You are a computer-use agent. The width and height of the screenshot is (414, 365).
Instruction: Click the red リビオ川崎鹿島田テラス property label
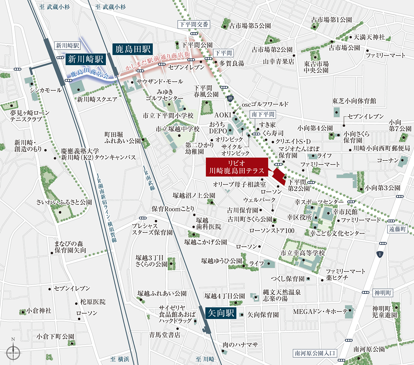[237, 167]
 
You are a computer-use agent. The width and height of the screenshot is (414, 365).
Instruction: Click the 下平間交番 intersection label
[194, 24]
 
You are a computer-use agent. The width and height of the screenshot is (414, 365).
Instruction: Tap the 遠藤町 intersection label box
[397, 229]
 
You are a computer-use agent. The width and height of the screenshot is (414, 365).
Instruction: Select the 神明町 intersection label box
[383, 293]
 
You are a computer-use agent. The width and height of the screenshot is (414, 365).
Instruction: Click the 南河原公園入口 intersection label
[315, 353]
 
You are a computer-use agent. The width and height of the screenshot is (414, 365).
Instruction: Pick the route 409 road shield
[231, 99]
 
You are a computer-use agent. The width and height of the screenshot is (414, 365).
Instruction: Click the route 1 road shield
[380, 254]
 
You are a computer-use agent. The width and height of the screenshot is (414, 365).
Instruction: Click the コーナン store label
[387, 160]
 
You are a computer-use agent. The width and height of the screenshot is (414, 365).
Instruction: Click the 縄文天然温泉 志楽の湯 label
[282, 295]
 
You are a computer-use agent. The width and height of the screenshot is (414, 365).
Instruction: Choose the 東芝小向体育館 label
[354, 101]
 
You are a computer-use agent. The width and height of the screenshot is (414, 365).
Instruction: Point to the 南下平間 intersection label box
[263, 115]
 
